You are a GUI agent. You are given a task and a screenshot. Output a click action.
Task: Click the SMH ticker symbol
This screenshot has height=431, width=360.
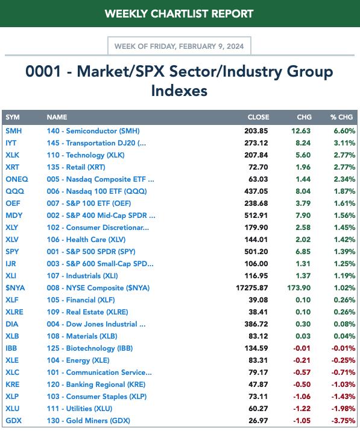(13, 131)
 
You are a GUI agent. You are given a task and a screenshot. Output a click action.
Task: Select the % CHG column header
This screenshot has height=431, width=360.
(341, 117)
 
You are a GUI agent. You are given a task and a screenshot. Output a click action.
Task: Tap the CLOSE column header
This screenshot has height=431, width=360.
(258, 117)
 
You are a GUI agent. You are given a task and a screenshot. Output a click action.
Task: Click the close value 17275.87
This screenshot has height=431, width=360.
(252, 288)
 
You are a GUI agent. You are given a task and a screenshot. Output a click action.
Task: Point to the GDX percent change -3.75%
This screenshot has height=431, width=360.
(343, 421)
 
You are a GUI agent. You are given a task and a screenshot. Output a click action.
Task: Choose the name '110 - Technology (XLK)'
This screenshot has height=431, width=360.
(86, 155)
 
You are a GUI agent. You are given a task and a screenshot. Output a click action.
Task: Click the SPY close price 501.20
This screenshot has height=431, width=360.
(256, 252)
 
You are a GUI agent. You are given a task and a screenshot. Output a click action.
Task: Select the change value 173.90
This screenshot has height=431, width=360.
(298, 288)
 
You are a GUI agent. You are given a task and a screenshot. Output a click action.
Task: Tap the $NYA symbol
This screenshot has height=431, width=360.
(15, 288)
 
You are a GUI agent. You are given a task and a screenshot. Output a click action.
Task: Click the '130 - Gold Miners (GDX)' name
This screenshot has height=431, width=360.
(88, 421)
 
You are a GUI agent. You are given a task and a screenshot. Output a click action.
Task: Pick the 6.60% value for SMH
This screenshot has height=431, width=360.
(344, 131)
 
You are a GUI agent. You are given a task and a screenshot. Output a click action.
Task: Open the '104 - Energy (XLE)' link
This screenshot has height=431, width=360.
(78, 360)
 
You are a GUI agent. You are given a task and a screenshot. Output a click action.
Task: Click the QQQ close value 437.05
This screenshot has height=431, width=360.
(256, 191)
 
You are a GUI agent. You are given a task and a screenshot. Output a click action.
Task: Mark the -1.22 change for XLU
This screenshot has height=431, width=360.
(302, 409)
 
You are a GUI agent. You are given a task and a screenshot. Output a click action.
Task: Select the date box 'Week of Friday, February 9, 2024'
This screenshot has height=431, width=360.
(179, 46)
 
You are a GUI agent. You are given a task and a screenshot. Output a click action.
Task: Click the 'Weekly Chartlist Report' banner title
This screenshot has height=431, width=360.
(179, 14)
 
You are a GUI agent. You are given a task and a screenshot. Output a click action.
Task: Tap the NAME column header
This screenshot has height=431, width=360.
(57, 117)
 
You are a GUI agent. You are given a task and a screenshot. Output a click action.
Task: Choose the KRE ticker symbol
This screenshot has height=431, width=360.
(12, 385)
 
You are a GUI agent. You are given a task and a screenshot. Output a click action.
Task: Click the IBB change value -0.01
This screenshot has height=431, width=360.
(302, 348)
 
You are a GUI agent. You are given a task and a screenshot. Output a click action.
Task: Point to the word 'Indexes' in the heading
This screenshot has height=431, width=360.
(179, 91)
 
